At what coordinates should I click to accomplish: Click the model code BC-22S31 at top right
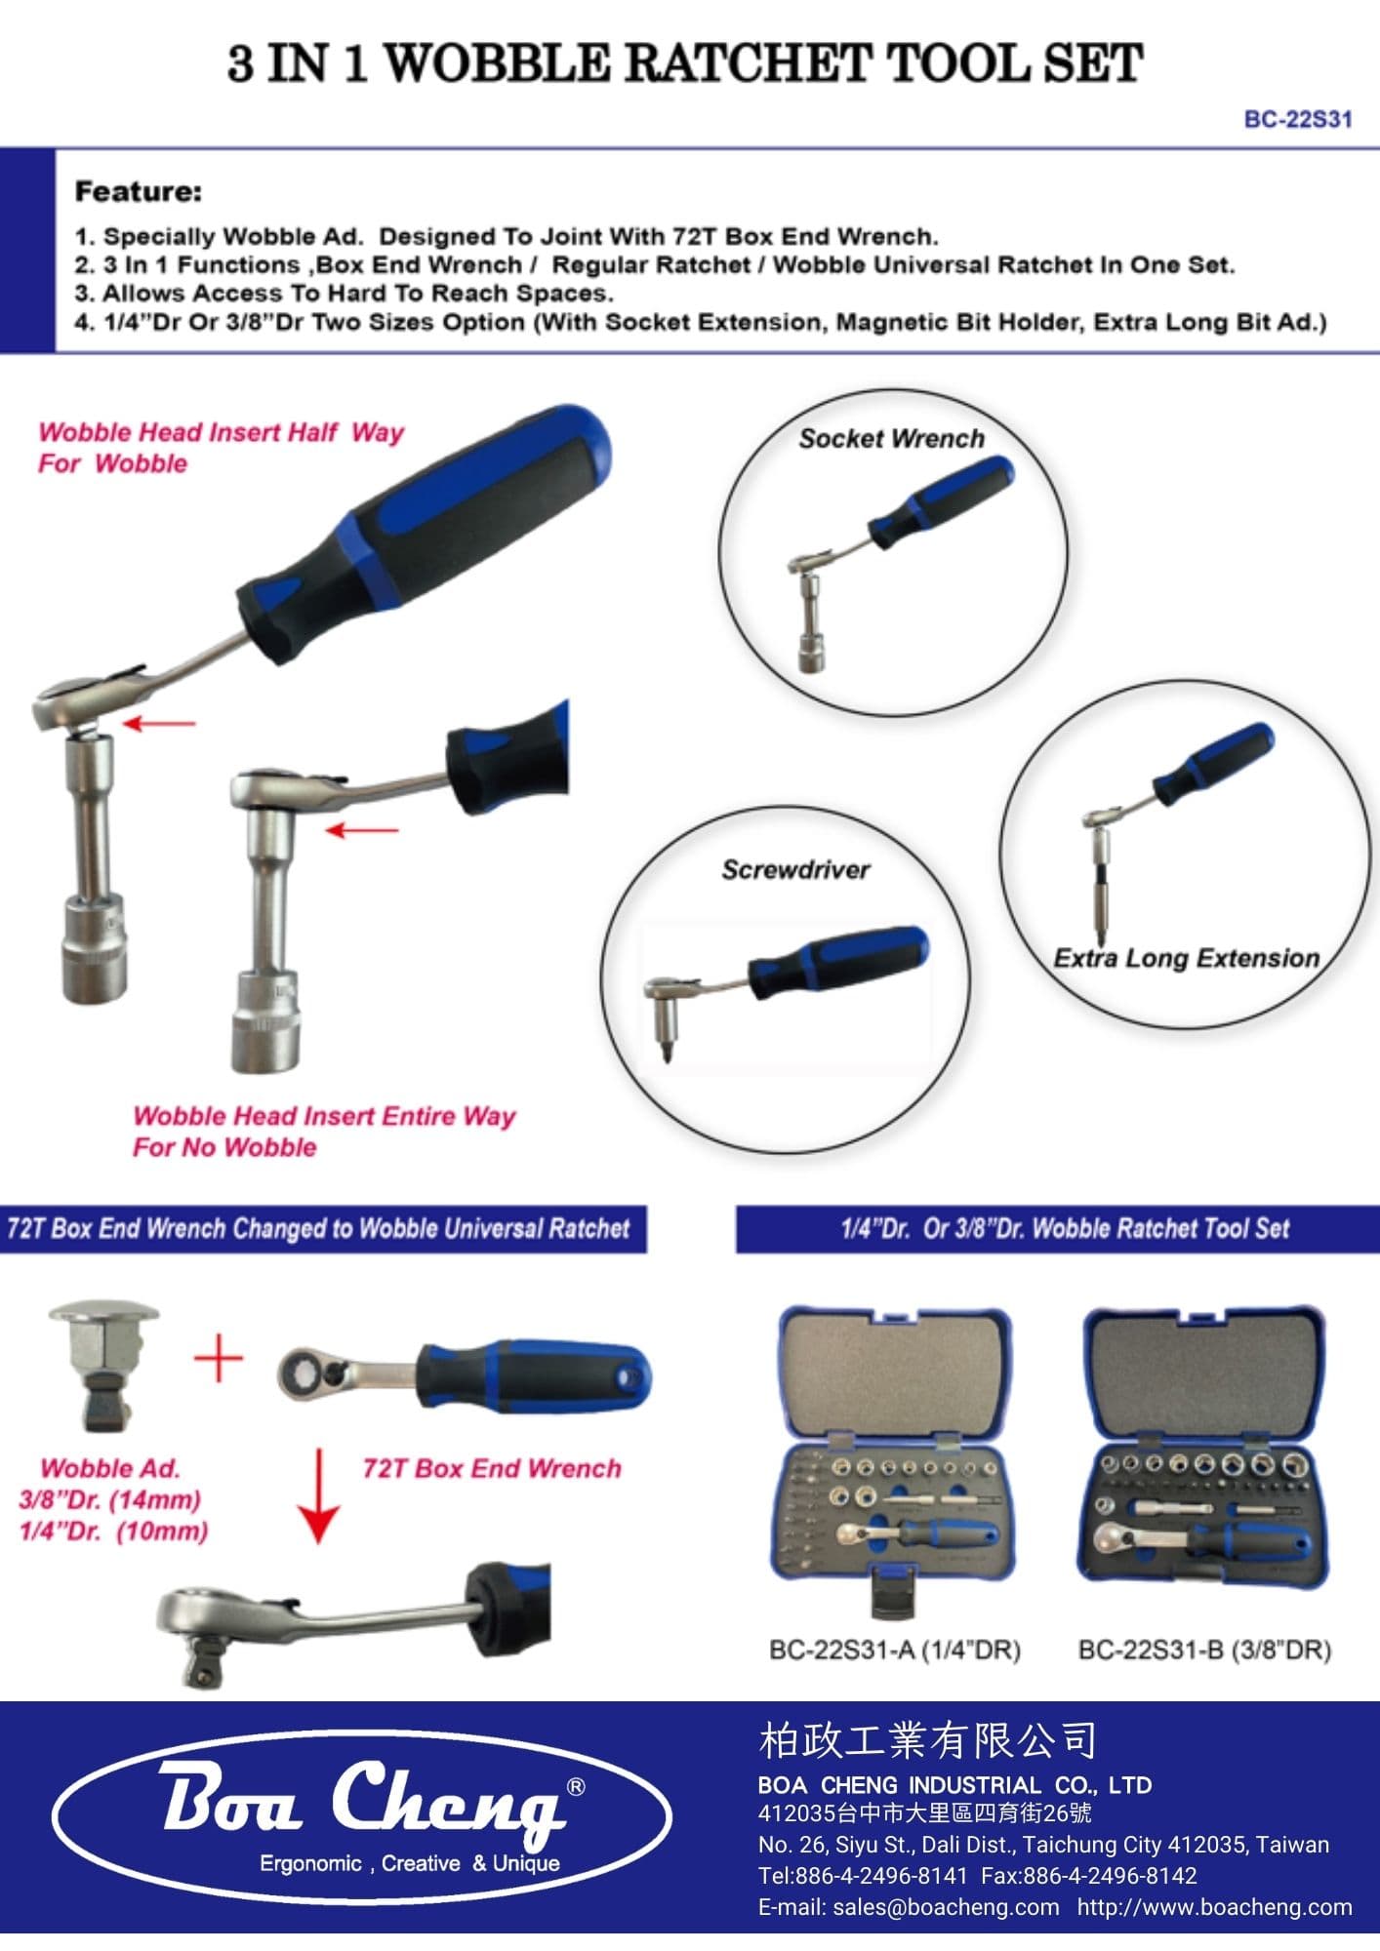coord(1298,119)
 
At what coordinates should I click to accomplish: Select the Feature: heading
coord(139,191)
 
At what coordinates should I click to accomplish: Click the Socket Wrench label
coord(892,439)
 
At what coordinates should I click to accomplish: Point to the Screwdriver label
coord(795,870)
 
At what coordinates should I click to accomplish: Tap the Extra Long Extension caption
coord(1187,958)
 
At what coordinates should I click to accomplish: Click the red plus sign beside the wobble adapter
coord(219,1359)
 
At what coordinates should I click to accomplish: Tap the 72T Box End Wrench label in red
coord(492,1468)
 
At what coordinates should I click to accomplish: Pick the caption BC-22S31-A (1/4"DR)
coord(895,1650)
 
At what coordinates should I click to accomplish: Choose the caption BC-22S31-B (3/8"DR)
coord(1204,1650)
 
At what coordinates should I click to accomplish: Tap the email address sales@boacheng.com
coord(945,1907)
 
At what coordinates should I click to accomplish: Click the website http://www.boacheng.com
coord(1215,1907)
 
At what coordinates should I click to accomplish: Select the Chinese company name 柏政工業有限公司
coord(927,1739)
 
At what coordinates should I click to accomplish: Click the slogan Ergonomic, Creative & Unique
coord(410,1863)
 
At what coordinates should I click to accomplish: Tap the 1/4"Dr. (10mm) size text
coord(114,1531)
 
